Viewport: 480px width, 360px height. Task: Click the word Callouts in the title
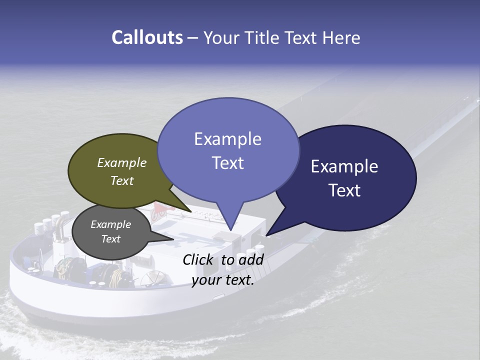147,37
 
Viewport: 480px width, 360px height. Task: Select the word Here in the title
342,37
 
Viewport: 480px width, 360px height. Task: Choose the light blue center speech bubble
228,150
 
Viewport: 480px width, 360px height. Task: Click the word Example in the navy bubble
344,166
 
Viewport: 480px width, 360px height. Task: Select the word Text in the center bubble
228,163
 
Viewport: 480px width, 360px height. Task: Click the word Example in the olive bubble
122,162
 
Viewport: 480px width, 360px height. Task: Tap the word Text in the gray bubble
111,239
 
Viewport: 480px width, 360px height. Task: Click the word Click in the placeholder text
199,259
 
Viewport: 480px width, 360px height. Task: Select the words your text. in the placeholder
223,280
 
